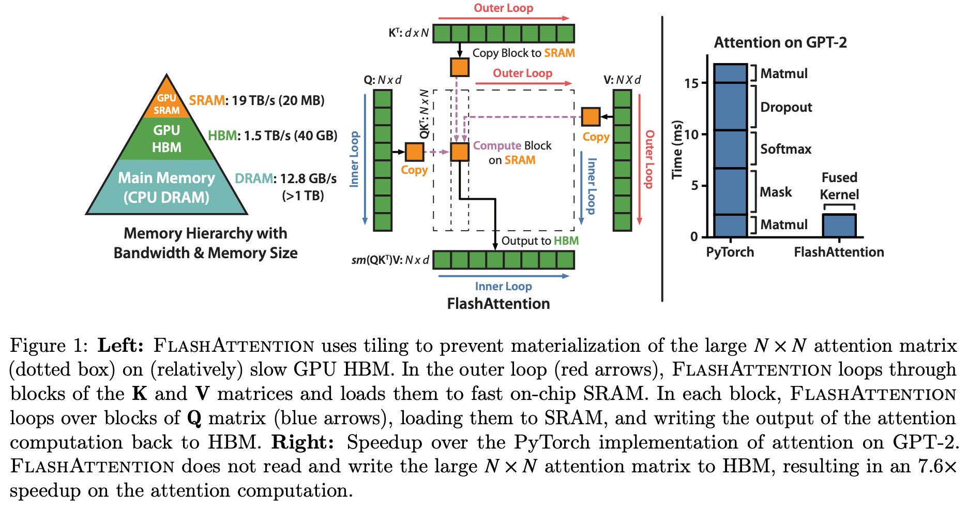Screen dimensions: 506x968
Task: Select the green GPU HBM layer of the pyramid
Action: [x=167, y=139]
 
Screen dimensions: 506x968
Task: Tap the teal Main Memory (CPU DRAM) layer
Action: [x=167, y=187]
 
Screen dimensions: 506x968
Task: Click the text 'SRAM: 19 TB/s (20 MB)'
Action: [x=256, y=100]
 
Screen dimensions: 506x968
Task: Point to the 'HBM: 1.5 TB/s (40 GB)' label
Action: [x=273, y=136]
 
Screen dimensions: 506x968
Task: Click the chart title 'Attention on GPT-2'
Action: [x=780, y=42]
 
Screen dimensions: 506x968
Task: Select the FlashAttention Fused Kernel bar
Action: [x=839, y=226]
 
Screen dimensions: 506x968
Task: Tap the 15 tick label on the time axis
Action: [x=691, y=83]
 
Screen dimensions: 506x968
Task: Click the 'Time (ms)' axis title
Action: [x=677, y=150]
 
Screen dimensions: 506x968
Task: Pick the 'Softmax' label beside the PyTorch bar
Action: [x=785, y=149]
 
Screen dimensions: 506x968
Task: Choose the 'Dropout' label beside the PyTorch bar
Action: [x=786, y=107]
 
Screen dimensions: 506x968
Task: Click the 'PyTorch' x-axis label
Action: [x=730, y=252]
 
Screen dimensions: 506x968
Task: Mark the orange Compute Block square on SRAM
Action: [x=460, y=152]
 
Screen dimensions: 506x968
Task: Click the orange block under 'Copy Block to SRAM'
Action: [x=460, y=67]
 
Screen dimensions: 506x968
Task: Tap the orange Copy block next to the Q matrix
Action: [x=414, y=152]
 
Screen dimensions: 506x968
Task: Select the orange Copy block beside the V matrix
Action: [x=591, y=117]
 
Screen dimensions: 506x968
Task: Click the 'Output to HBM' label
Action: [x=540, y=241]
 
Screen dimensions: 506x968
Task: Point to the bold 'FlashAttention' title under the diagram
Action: [x=498, y=304]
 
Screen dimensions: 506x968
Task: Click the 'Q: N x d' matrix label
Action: [x=383, y=80]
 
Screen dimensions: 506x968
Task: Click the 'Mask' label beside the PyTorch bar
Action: [x=776, y=192]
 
